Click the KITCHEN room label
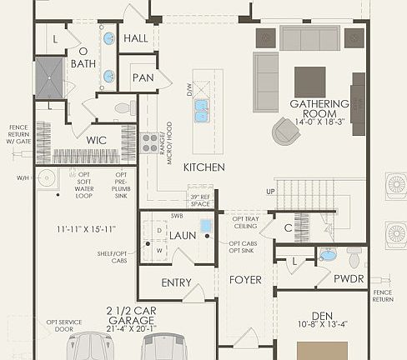pos(204,167)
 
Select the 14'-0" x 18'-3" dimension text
pos(314,121)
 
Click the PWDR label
pos(349,279)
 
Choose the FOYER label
pos(246,280)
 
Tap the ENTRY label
pos(176,283)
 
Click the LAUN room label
pos(183,236)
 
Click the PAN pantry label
pos(142,77)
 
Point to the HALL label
pos(135,38)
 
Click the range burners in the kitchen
pos(150,142)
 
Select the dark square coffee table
pos(309,82)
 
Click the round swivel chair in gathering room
pos(285,130)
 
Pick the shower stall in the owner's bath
pos(48,77)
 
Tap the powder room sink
pos(328,255)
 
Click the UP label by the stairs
pos(269,192)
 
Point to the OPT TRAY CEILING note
pos(245,220)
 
